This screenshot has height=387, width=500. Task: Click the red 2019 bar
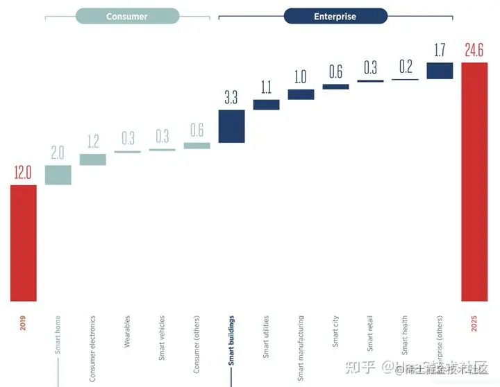coord(24,243)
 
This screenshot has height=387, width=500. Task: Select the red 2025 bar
coord(474,182)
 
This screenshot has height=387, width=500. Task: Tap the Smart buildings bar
coord(231,126)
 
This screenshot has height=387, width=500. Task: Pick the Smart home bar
coord(58,175)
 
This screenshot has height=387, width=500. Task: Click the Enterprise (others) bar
coord(440,70)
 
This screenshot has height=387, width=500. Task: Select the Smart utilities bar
coord(266,105)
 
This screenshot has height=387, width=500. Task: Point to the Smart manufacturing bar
coord(301,94)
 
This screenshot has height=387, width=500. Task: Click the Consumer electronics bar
coord(93,160)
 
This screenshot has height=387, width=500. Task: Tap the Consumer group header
coord(127,16)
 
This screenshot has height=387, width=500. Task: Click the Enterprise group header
coord(335,16)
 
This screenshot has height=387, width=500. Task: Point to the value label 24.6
coord(474,50)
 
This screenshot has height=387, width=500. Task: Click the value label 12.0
coord(24,173)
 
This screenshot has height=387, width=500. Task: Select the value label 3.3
coord(231,97)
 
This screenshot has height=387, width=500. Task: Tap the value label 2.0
coord(58,153)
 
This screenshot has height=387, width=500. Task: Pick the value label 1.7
coord(440,50)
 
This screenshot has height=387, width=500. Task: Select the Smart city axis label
coord(335,332)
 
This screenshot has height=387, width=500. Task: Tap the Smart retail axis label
coord(370,334)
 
